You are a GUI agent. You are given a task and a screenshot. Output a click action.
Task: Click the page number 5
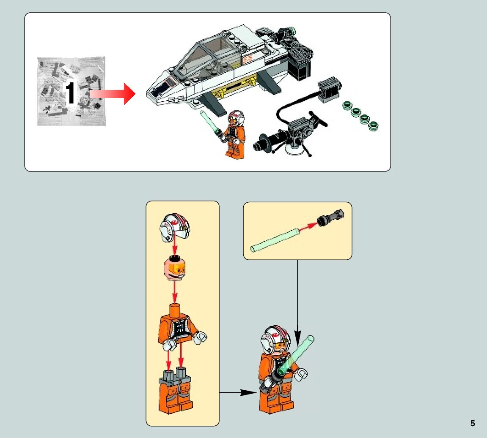(473, 424)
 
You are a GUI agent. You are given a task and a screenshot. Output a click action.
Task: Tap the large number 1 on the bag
(71, 93)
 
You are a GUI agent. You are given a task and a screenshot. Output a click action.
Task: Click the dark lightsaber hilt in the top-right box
(331, 218)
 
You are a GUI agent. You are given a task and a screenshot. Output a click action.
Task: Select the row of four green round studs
(361, 115)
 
